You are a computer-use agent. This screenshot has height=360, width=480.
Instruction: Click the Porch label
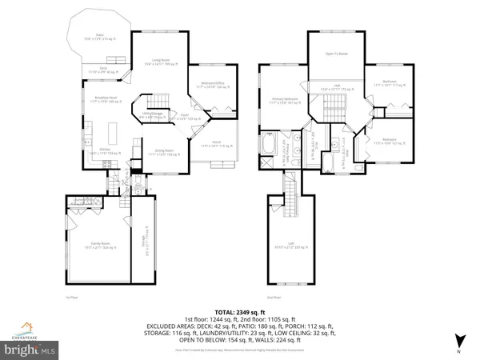click(214, 145)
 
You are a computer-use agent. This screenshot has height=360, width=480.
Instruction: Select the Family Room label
click(97, 248)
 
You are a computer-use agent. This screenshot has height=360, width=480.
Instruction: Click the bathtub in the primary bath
click(269, 146)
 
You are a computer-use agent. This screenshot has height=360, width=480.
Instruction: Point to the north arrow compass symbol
click(458, 344)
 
